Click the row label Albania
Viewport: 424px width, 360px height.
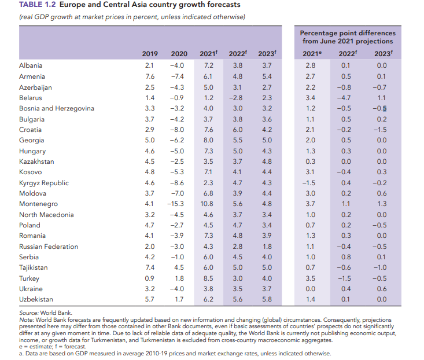coord(30,66)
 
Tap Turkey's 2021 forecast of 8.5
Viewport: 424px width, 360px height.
coord(209,278)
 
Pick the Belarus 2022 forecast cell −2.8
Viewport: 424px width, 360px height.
coord(238,98)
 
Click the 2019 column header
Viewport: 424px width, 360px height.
coord(150,54)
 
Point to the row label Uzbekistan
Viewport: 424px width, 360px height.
coord(36,299)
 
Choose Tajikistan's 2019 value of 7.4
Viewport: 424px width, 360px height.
coord(149,267)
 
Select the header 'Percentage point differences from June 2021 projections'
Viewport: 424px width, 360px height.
coord(348,37)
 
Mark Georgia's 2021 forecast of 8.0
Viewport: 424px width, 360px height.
coord(209,140)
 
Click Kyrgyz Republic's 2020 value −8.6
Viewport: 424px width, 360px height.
coord(177,183)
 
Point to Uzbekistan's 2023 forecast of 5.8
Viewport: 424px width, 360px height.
coord(267,299)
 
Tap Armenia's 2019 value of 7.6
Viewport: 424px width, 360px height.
coord(149,76)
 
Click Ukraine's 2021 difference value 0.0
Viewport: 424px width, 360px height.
coord(310,289)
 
